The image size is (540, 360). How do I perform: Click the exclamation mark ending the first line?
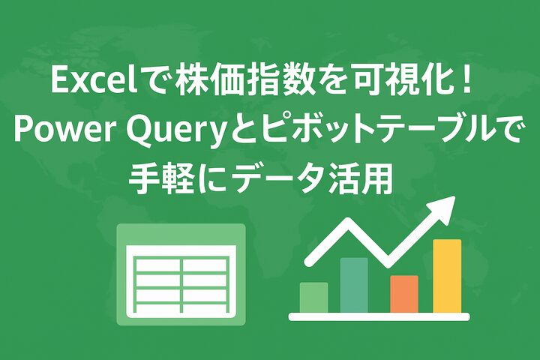[x=467, y=81]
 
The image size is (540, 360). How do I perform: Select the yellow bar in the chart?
[x=447, y=275]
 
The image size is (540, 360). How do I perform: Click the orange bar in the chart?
[x=404, y=294]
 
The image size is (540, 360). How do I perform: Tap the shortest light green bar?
[x=313, y=297]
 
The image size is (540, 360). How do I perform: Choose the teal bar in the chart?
[x=354, y=285]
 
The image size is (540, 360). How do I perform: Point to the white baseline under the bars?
[x=379, y=316]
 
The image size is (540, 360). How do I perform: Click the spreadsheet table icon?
[x=181, y=274]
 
